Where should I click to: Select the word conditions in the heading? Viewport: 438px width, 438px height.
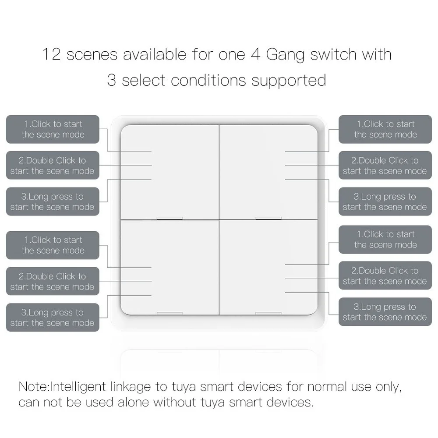click(x=208, y=81)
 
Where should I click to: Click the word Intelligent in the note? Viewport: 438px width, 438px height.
click(x=79, y=387)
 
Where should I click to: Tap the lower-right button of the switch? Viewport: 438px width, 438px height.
click(x=268, y=267)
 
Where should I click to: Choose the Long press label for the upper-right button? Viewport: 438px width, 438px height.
click(x=385, y=201)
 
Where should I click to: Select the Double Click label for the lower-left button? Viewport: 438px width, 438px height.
click(x=53, y=281)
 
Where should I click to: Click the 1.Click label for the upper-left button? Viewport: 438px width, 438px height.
click(x=53, y=129)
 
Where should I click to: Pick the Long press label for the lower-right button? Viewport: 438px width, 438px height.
click(x=385, y=312)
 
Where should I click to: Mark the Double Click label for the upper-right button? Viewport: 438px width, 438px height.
click(x=385, y=166)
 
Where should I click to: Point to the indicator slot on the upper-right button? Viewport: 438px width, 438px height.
click(x=268, y=218)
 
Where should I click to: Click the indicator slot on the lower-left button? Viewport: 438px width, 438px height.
click(x=170, y=313)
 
